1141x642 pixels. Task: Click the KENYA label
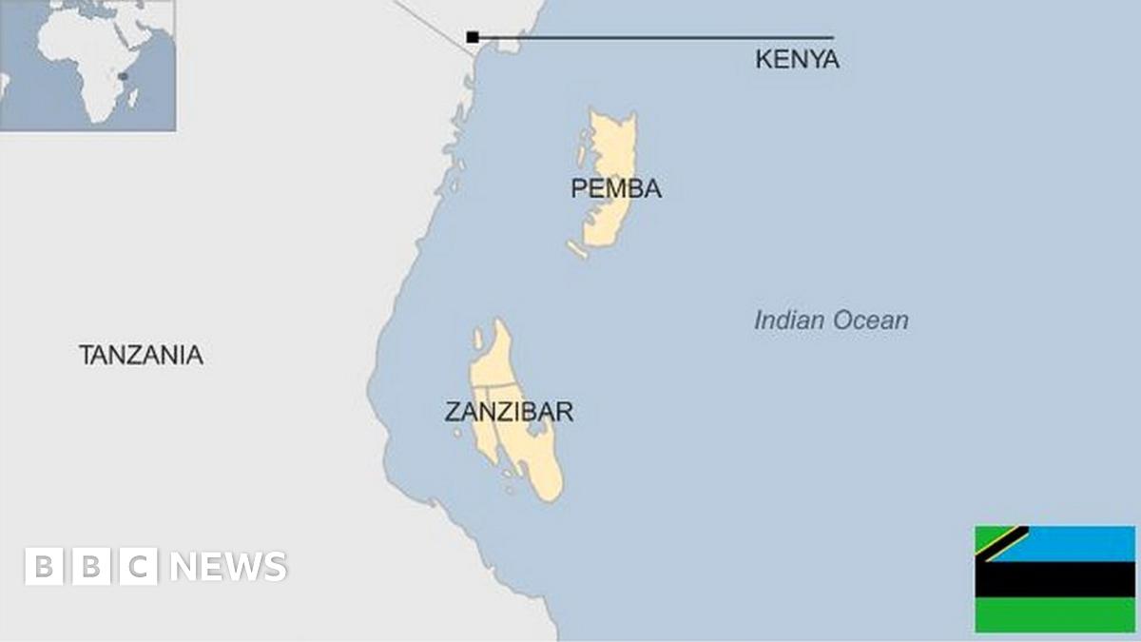coord(797,60)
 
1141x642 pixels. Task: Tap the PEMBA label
coord(615,188)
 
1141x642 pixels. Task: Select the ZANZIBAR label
coord(509,412)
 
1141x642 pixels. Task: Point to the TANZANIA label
coord(141,356)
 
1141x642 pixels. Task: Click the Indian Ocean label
coord(831,321)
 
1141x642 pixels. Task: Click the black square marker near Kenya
coord(473,37)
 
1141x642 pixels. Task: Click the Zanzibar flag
coord(1054,578)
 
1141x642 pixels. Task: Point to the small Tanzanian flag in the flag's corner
coord(1001,543)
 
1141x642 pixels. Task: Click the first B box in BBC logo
coord(43,566)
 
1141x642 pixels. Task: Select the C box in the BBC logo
coord(139,566)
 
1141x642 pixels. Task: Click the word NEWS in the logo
coord(228,567)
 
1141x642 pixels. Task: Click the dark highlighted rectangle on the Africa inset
coord(123,76)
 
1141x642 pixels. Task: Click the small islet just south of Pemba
coord(577,249)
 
